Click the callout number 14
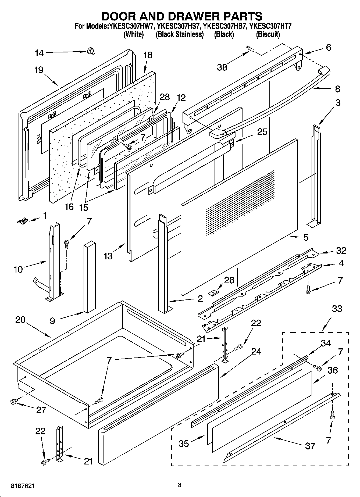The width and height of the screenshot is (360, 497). [x=39, y=53]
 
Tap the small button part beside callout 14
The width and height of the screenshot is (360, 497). [x=91, y=51]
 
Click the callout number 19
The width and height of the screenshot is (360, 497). [x=39, y=70]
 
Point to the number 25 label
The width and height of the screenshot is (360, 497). [x=262, y=132]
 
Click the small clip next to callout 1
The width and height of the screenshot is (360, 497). [x=23, y=221]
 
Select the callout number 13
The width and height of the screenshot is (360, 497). [x=108, y=256]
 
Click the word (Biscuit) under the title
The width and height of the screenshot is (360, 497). [x=268, y=34]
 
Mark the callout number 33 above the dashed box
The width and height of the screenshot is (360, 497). [x=337, y=309]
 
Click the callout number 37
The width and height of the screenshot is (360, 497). [x=310, y=446]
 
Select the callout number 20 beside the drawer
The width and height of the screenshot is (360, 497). [x=20, y=320]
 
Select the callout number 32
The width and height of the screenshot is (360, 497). [x=341, y=251]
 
